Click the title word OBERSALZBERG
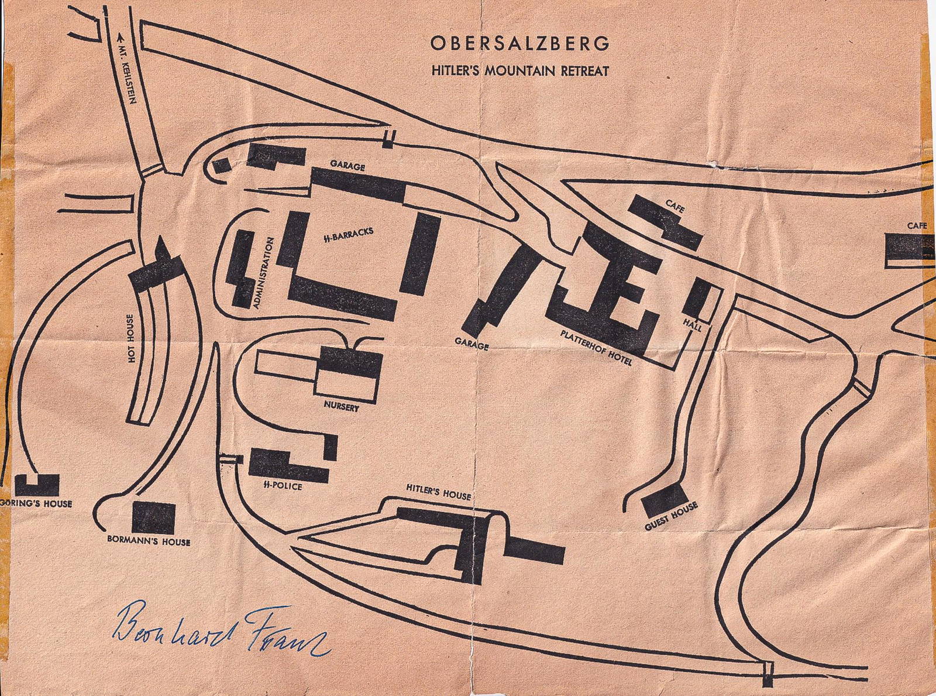520,44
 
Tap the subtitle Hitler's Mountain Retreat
520,71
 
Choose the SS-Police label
283,486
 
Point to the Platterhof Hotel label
596,348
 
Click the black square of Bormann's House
153,517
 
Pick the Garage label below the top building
347,166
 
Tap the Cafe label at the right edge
917,225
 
